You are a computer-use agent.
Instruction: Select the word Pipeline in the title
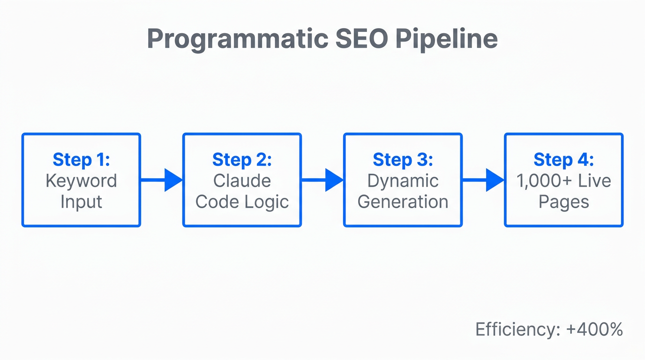click(446, 39)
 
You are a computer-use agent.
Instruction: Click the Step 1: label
click(81, 160)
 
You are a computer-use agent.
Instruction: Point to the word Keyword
click(81, 181)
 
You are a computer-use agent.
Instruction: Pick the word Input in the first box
click(81, 202)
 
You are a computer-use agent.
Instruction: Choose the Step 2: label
click(242, 160)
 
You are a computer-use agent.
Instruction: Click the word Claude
click(242, 181)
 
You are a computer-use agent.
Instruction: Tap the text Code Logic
click(242, 202)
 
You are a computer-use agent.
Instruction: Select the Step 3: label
click(403, 160)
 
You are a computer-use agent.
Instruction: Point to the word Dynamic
click(403, 181)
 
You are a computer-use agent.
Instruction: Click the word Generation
click(403, 202)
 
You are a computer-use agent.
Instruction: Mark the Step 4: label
click(563, 160)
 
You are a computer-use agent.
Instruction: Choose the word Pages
click(563, 202)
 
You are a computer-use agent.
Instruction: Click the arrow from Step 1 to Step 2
click(162, 180)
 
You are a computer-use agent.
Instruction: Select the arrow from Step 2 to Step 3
click(322, 180)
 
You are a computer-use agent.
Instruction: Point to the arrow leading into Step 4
click(483, 180)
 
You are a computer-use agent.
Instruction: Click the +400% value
click(594, 330)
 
